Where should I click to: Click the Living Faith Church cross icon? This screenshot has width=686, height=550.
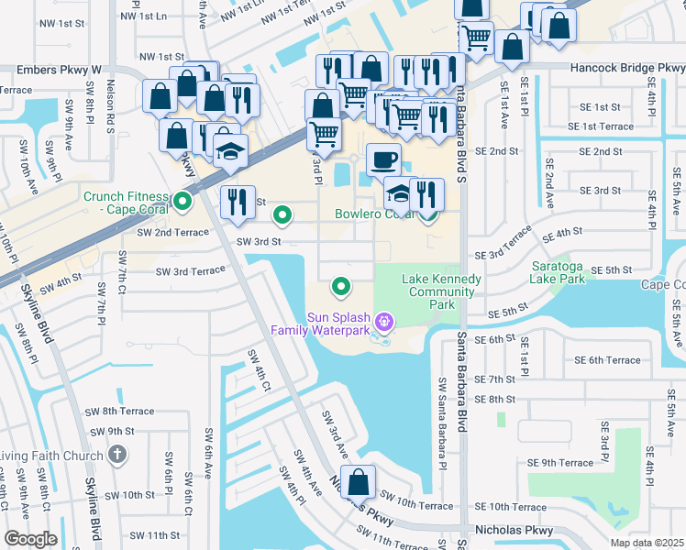[x=116, y=454]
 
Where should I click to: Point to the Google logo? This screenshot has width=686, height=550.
[x=30, y=539]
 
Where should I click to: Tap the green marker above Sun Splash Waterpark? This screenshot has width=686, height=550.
[x=341, y=287]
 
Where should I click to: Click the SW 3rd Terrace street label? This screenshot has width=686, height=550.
[x=190, y=271]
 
